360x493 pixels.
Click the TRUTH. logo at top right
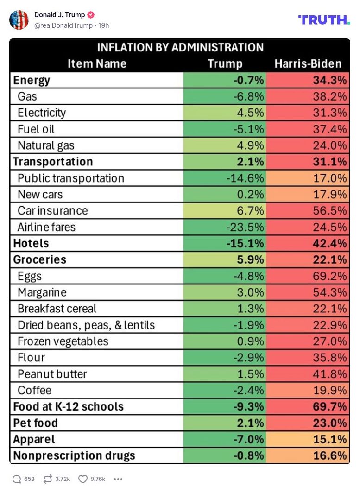(x=324, y=19)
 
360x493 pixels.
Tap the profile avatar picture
(x=19, y=20)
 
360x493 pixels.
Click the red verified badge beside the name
(x=91, y=15)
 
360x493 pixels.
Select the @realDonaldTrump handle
(x=63, y=25)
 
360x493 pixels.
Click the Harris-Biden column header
(x=308, y=63)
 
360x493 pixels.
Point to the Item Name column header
(x=97, y=63)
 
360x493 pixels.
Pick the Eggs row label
(x=30, y=276)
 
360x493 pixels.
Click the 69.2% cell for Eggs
(x=330, y=276)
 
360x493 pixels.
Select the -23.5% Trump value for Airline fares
(x=245, y=227)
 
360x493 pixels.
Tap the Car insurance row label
(x=52, y=210)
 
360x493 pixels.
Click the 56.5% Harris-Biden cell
(x=330, y=210)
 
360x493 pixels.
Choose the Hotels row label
(x=31, y=243)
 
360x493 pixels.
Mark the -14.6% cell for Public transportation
(x=245, y=178)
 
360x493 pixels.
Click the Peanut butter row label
(x=52, y=374)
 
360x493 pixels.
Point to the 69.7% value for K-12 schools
(x=330, y=407)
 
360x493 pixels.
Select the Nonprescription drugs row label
(x=74, y=455)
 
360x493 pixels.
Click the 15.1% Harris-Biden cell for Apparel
(x=330, y=439)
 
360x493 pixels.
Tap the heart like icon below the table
(x=82, y=479)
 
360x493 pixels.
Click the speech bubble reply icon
(x=17, y=479)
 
